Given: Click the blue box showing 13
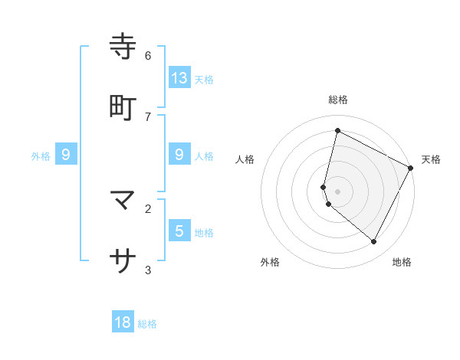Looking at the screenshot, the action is pos(179,77).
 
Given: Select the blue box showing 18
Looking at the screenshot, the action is pos(123,322).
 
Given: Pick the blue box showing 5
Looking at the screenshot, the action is pos(179,231).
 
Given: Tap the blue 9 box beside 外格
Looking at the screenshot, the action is pos(66,155).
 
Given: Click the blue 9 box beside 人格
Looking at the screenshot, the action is pos(179,155).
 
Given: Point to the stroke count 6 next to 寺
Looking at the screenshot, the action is pos(148,55).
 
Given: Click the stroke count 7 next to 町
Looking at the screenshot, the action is pos(148,116).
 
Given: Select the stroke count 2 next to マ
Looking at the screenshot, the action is pos(148,208).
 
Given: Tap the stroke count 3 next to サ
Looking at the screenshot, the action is pos(148,270).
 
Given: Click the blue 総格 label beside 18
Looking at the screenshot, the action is pos(147,324).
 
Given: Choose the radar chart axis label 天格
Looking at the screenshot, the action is pos(431,159).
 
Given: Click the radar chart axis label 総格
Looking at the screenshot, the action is pos(338,100).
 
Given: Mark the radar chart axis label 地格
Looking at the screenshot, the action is pos(402,262).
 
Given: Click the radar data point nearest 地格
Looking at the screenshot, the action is pos(374,242).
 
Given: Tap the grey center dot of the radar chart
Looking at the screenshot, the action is pos(338,191).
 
